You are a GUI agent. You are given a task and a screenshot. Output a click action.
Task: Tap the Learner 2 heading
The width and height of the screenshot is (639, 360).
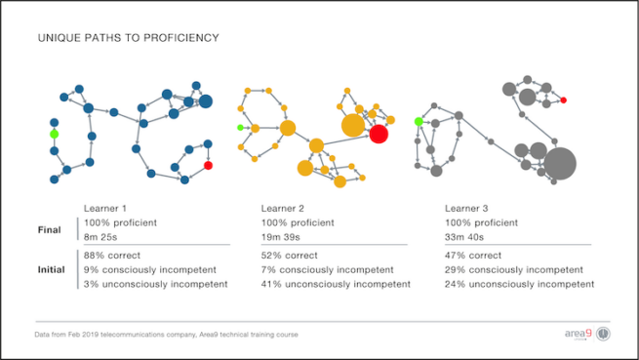pos(283,208)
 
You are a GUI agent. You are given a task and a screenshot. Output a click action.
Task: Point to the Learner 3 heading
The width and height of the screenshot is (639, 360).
pos(466,208)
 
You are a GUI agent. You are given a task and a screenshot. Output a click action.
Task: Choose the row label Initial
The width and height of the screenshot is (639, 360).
pos(53,269)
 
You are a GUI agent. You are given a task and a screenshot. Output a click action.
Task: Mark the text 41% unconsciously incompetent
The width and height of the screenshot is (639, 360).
pos(337,284)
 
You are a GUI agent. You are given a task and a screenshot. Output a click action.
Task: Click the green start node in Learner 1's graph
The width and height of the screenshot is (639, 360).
pos(55,133)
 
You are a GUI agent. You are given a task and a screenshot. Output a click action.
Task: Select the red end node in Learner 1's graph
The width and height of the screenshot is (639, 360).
pos(208,165)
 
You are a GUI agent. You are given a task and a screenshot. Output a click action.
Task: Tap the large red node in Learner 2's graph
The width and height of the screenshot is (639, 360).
pos(379,134)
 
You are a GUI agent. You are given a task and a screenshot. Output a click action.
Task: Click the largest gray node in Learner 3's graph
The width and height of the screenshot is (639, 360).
pos(560,161)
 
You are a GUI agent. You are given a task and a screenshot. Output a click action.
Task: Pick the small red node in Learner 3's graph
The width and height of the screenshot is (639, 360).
pos(563,100)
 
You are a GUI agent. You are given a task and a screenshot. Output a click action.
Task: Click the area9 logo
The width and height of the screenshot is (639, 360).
pos(582,334)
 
